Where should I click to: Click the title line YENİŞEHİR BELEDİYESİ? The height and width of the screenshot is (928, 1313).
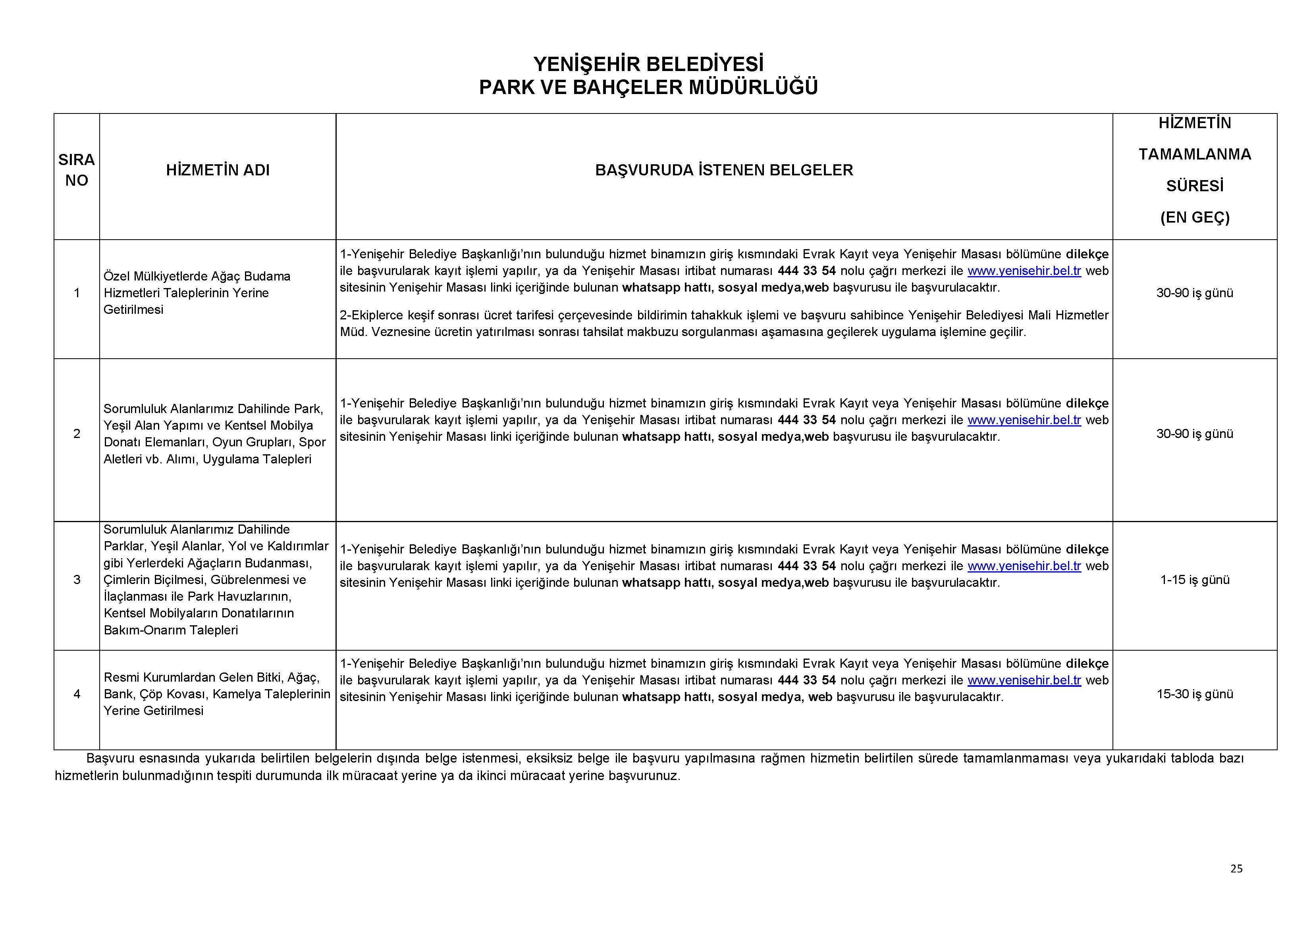point(648,63)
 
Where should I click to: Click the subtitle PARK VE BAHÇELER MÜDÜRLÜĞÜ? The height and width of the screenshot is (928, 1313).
point(648,87)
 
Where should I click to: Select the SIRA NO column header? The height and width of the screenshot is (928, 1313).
point(77,170)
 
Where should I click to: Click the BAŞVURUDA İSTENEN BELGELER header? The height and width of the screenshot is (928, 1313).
point(723,170)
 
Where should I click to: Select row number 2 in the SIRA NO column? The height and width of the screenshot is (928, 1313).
point(77,434)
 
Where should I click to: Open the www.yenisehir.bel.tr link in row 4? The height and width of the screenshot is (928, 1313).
point(1024,680)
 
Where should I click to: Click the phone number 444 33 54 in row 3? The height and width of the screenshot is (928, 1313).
point(806,566)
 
